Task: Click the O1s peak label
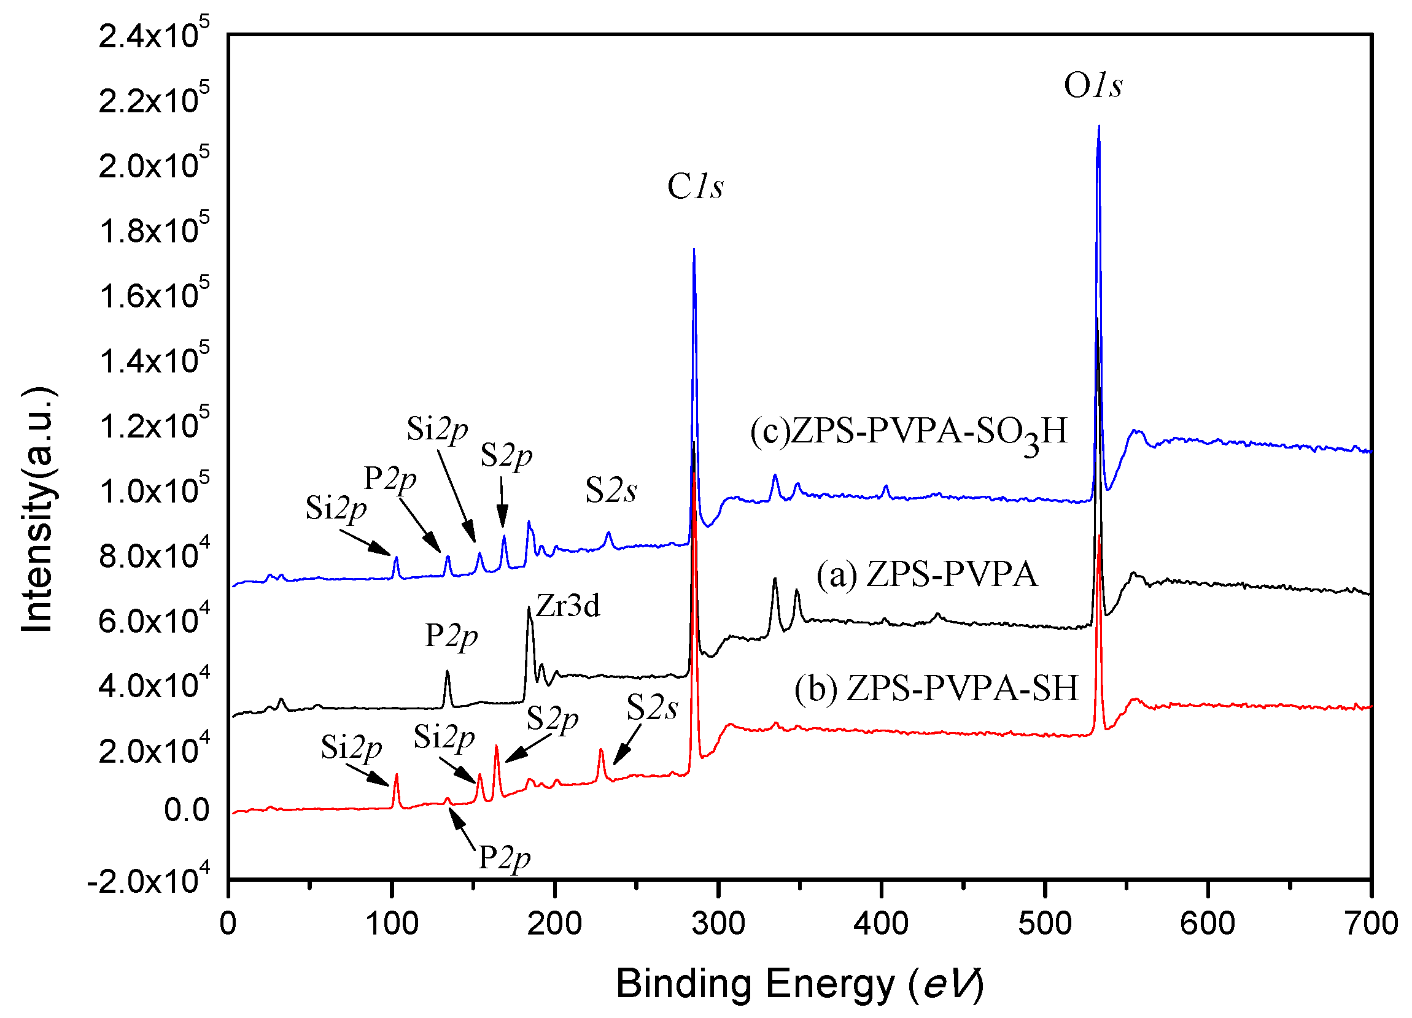point(1093,86)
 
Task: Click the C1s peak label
point(696,187)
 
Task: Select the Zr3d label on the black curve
point(568,606)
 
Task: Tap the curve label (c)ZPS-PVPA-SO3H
point(909,432)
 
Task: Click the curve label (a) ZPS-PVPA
point(927,574)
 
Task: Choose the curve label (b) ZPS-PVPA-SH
point(936,689)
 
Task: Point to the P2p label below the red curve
point(503,858)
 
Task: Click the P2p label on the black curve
point(451,636)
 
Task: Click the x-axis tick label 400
point(881,924)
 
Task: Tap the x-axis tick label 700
point(1371,924)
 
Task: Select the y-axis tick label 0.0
point(186,810)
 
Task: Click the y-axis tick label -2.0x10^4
point(148,881)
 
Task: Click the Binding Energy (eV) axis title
point(799,984)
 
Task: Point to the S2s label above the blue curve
point(611,490)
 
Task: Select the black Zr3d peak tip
point(529,609)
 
